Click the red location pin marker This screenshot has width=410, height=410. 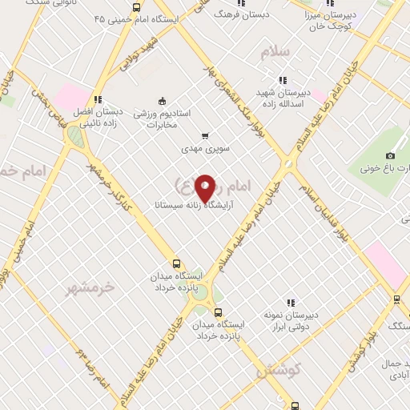[205, 187]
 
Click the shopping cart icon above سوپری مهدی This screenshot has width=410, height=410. [205, 136]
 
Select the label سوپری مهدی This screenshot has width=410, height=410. [204, 149]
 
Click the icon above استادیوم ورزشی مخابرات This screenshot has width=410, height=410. [162, 101]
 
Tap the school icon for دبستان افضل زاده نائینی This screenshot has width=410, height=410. [97, 100]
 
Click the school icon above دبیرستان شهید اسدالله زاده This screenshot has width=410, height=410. [282, 79]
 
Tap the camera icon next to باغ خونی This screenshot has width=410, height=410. [390, 155]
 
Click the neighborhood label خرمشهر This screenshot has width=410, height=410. [90, 286]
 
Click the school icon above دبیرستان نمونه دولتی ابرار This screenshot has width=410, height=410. [291, 303]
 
